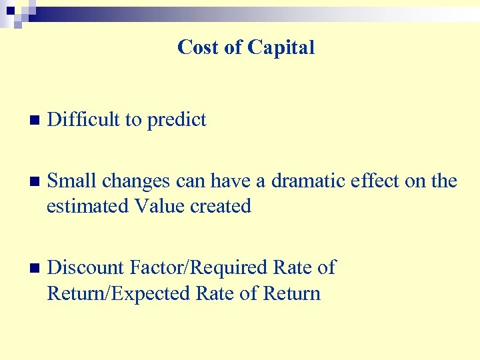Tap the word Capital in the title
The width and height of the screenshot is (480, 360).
(x=281, y=47)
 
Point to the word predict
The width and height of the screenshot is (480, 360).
(x=177, y=121)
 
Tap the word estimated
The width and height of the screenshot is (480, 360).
(x=88, y=207)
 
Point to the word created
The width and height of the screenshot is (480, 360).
(x=221, y=207)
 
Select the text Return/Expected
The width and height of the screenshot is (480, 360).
(x=119, y=294)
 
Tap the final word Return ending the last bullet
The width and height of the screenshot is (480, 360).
(x=292, y=293)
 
